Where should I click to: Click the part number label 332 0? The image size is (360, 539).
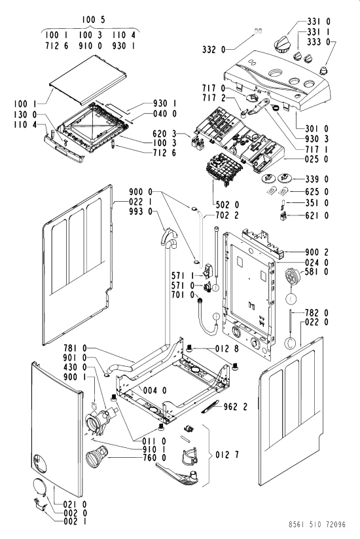click(213, 50)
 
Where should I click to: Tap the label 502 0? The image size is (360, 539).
click(227, 205)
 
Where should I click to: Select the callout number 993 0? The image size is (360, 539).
click(141, 212)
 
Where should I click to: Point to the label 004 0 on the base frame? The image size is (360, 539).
click(154, 390)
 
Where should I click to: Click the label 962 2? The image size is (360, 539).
click(235, 407)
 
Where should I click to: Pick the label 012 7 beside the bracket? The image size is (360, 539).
click(227, 455)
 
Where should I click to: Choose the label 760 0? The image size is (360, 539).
click(154, 458)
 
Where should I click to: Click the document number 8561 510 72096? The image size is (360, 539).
click(317, 524)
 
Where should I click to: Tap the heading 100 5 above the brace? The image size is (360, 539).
click(93, 20)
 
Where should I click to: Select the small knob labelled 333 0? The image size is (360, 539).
click(323, 71)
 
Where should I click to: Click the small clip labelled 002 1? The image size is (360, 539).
click(39, 504)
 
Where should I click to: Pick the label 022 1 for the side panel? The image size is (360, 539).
click(141, 202)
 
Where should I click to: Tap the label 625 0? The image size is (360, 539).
click(316, 192)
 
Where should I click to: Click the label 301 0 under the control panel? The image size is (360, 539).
click(317, 129)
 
